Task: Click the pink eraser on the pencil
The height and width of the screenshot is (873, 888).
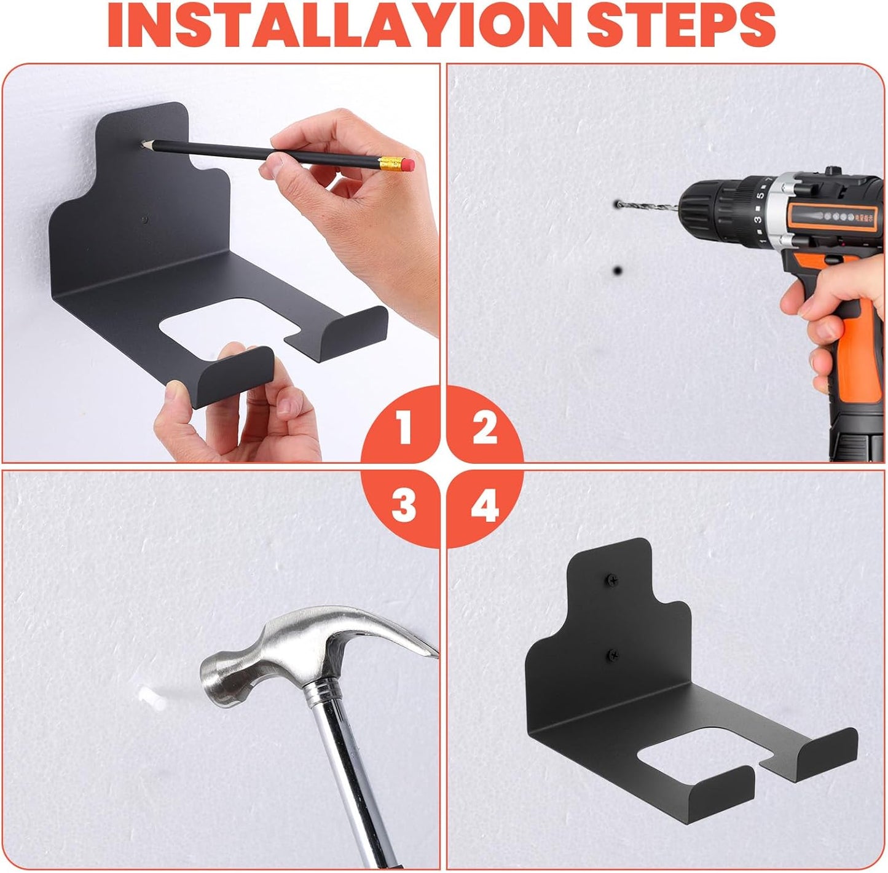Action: click(x=409, y=165)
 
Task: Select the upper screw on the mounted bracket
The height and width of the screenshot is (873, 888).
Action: click(x=612, y=579)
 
